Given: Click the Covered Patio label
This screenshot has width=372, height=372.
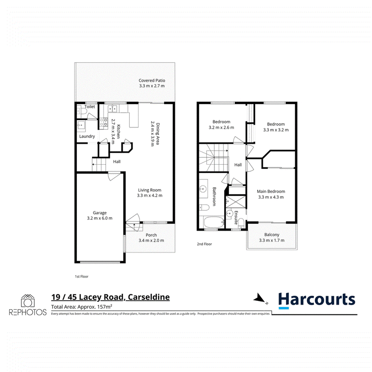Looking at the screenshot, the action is click(152, 80).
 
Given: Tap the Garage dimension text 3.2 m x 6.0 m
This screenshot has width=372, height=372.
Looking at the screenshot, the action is click(100, 218).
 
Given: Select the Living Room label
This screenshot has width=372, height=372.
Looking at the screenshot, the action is click(150, 190).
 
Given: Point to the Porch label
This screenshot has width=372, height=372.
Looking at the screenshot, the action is click(151, 235).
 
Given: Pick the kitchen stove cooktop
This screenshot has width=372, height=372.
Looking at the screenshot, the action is click(103, 122).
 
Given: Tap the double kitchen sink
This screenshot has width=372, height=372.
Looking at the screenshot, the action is click(113, 109).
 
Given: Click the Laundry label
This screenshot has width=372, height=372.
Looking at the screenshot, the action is click(87, 136).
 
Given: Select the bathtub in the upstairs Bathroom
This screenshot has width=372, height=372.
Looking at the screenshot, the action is click(213, 222).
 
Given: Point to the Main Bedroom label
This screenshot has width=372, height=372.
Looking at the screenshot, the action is click(271, 191).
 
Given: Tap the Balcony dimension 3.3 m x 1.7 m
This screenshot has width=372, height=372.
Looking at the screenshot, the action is click(272, 240).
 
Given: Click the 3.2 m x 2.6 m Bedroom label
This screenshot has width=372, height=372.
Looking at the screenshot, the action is click(221, 122).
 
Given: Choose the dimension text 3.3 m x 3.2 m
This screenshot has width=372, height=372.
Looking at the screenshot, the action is click(276, 130).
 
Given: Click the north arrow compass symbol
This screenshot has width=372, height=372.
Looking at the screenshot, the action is click(260, 299).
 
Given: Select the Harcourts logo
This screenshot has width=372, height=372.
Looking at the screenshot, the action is click(317, 300).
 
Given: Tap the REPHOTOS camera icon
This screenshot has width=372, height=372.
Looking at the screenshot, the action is click(28, 301).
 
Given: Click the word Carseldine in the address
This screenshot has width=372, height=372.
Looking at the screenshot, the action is click(149, 297).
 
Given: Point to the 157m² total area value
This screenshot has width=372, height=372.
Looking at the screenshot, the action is click(105, 307).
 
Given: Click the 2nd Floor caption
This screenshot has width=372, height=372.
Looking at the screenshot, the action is click(204, 244).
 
